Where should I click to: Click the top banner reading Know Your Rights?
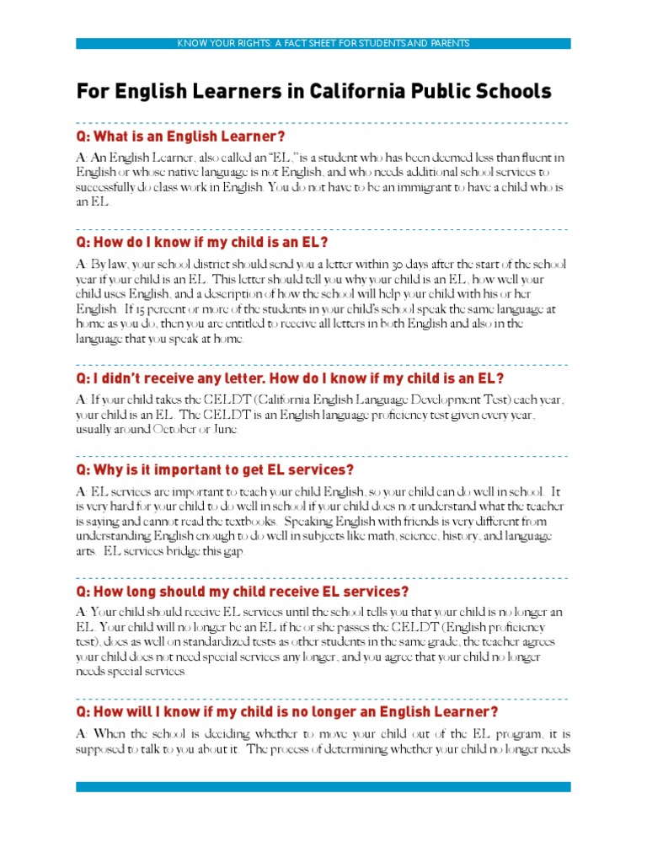323,43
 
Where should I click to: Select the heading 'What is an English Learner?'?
180,137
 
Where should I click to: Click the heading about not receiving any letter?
290,378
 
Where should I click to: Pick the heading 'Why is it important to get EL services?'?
215,469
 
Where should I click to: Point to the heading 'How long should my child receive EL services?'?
243,591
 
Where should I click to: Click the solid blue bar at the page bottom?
323,787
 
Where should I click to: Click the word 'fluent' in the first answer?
534,157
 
